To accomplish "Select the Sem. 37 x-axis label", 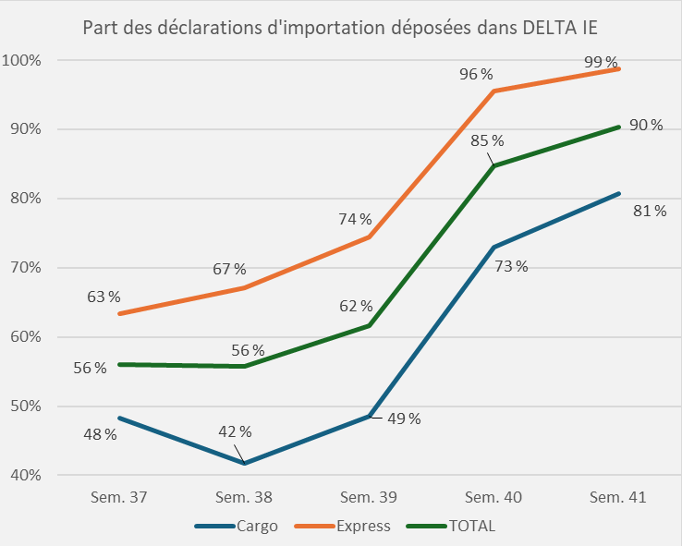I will [x=119, y=497].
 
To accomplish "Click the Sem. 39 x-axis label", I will [x=369, y=497].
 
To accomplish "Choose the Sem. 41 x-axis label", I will [x=618, y=497].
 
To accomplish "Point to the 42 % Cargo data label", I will [x=234, y=431].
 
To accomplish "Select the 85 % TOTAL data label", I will [x=487, y=141].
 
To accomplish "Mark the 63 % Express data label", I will [x=104, y=297].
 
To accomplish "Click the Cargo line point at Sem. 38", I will [x=245, y=463].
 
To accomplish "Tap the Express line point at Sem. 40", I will [x=494, y=91].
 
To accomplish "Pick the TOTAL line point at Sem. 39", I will [x=370, y=325].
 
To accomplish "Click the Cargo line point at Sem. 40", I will [x=494, y=248].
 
